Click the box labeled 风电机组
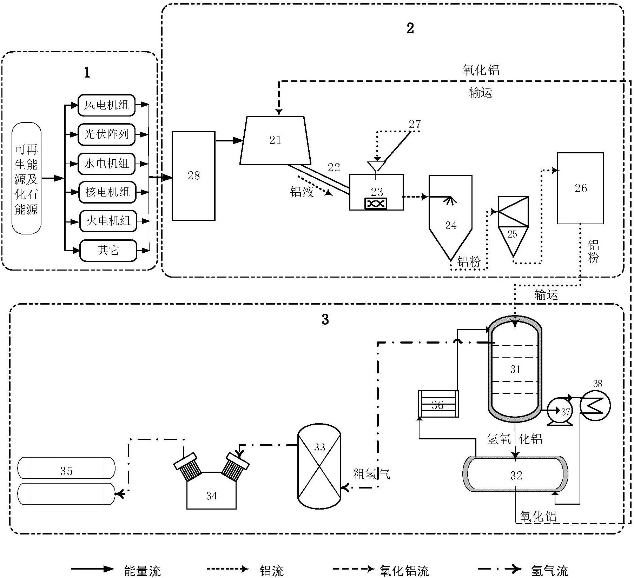coord(106,105)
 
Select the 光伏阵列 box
coord(106,134)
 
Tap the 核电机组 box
coord(107,192)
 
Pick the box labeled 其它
coord(108,250)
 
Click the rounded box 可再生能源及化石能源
coord(26,178)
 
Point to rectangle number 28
coord(193,176)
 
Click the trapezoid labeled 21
coord(275,140)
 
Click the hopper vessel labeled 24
coord(450,218)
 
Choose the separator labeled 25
coord(513,226)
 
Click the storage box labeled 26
coord(580,188)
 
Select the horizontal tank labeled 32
coord(516,475)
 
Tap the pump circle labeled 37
coord(560,411)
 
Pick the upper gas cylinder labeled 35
coord(66,468)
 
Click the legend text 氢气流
coord(549,571)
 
